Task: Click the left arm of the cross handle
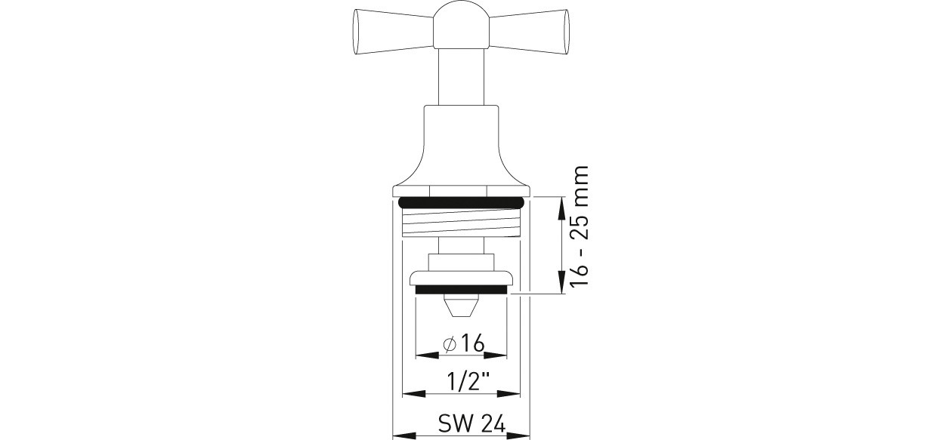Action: coord(393,32)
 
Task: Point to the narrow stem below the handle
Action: coord(461,76)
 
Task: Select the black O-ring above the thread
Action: coord(461,203)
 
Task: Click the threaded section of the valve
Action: coord(460,223)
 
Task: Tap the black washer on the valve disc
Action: coord(461,290)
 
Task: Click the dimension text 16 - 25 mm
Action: coord(579,226)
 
